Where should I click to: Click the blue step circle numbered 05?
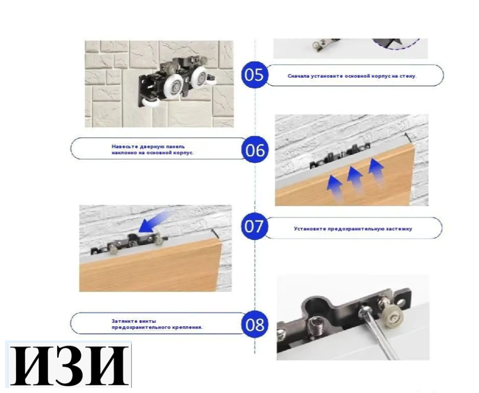254,75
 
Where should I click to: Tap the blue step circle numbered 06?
255,150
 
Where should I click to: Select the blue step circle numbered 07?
254,226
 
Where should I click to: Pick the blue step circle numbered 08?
255,324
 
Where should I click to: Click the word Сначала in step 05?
298,76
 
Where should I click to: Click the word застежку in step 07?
399,229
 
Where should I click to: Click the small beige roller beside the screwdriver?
393,317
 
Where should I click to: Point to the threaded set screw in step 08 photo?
315,326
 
